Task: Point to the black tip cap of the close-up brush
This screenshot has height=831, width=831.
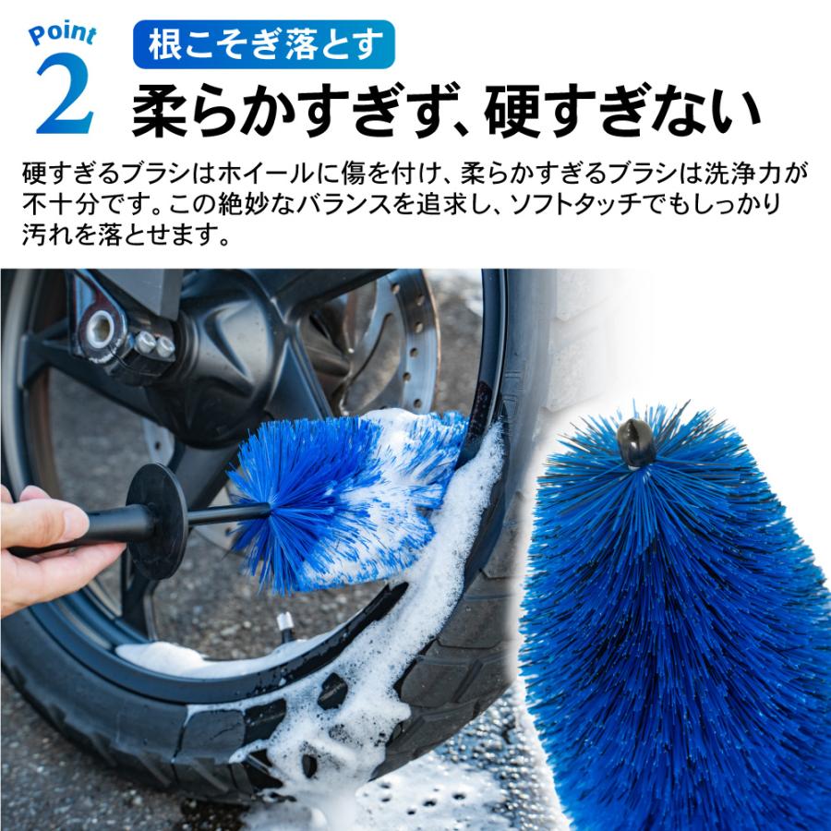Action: [636, 442]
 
